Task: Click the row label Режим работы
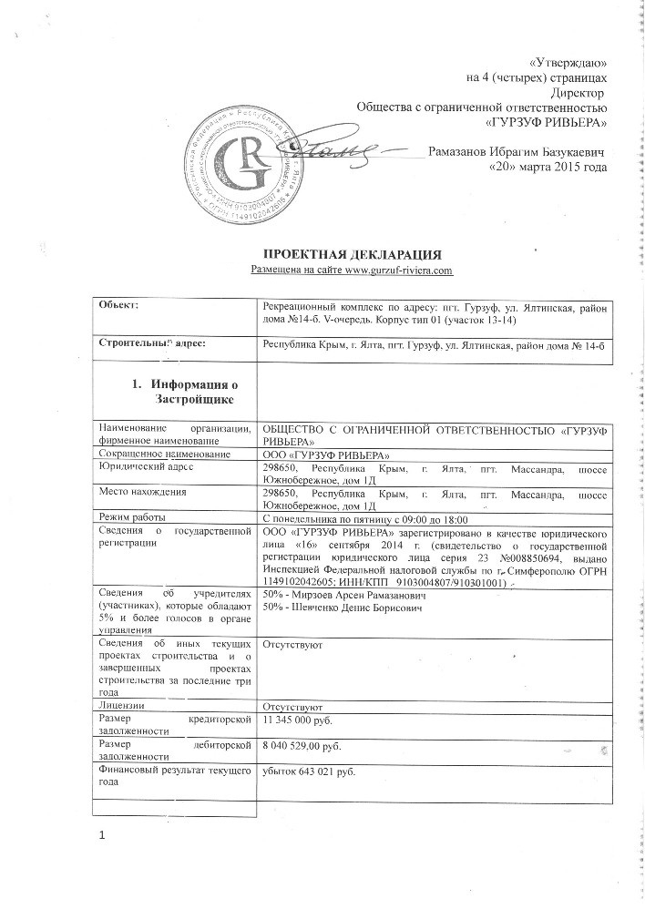pos(137,516)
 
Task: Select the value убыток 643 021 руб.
pos(308,773)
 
